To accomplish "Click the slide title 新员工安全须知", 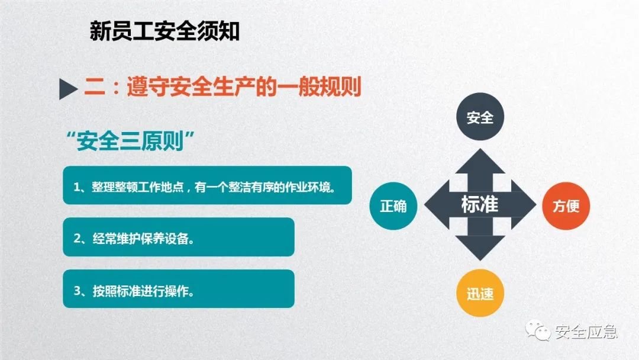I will (x=164, y=31).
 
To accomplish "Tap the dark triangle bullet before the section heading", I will (x=69, y=89).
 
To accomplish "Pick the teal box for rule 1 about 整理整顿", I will (x=207, y=186).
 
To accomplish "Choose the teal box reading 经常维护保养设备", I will (x=178, y=237).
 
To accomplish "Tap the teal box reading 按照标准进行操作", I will (x=178, y=289).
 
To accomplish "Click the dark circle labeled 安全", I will (x=479, y=117).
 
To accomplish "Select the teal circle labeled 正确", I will (x=393, y=205).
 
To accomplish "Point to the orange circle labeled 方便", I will (x=566, y=205).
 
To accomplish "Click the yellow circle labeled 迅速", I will (x=479, y=293).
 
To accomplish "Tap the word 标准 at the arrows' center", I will (x=479, y=205).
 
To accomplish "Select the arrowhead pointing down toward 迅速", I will (x=479, y=249).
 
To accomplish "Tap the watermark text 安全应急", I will (x=586, y=332).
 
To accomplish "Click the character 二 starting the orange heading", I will (x=95, y=88).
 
